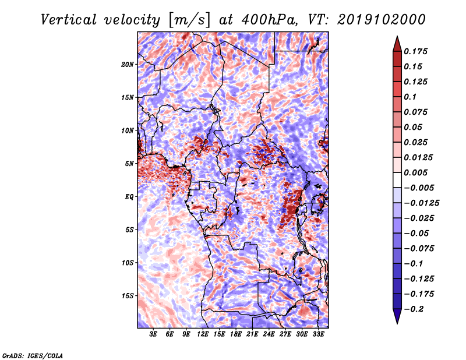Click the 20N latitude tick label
(128, 65)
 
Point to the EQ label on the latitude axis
(129, 197)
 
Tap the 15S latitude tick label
(128, 296)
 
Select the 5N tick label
(129, 164)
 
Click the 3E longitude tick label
(153, 334)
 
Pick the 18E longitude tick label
(236, 334)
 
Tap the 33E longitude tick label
(318, 334)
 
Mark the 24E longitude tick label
(269, 334)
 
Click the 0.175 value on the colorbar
(415, 51)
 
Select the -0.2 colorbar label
(414, 309)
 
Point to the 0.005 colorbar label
(415, 172)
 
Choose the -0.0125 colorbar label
(421, 203)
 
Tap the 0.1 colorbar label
(410, 97)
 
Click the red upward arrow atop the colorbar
(397, 44)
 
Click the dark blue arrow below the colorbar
(397, 316)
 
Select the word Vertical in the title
(68, 20)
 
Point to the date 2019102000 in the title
(382, 20)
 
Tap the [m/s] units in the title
(189, 20)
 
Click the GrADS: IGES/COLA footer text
(33, 356)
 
